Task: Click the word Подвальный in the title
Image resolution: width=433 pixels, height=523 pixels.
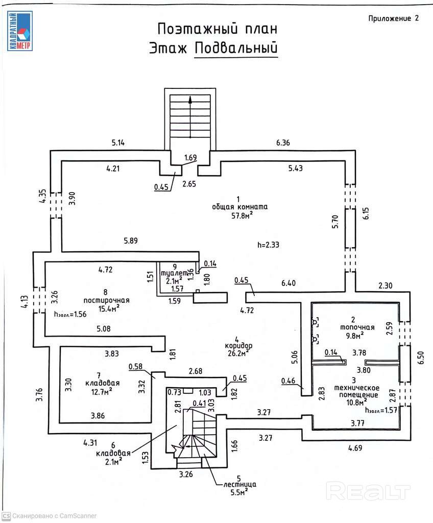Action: click(236, 47)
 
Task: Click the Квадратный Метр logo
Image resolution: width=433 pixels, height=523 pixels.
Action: click(19, 31)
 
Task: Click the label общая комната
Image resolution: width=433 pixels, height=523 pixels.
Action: click(239, 207)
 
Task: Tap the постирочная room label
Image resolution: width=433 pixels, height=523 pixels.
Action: click(107, 300)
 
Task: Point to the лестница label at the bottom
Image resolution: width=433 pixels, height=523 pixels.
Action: click(235, 484)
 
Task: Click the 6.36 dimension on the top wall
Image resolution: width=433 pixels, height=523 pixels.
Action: click(283, 143)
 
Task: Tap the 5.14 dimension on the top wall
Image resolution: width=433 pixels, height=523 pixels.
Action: click(118, 143)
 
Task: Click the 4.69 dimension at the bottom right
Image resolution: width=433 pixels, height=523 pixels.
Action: click(355, 449)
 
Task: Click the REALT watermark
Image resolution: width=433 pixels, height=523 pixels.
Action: click(368, 491)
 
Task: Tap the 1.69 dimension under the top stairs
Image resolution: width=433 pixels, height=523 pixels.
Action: click(190, 157)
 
